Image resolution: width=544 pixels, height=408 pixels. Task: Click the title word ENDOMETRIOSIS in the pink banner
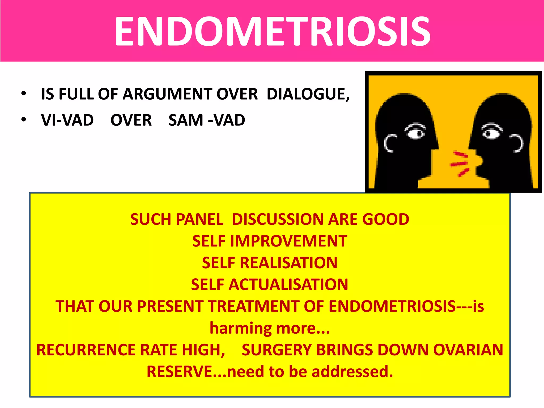[272, 31]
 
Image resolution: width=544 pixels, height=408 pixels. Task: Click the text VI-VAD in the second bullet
[67, 120]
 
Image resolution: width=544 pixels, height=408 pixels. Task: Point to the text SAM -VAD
[207, 120]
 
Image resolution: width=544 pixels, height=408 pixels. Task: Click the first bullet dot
[24, 94]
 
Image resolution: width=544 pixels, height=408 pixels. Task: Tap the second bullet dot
[24, 120]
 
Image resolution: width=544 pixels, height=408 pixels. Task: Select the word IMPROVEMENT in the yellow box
[288, 241]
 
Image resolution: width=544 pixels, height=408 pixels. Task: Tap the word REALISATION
[288, 263]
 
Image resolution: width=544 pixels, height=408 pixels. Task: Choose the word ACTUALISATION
[288, 285]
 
